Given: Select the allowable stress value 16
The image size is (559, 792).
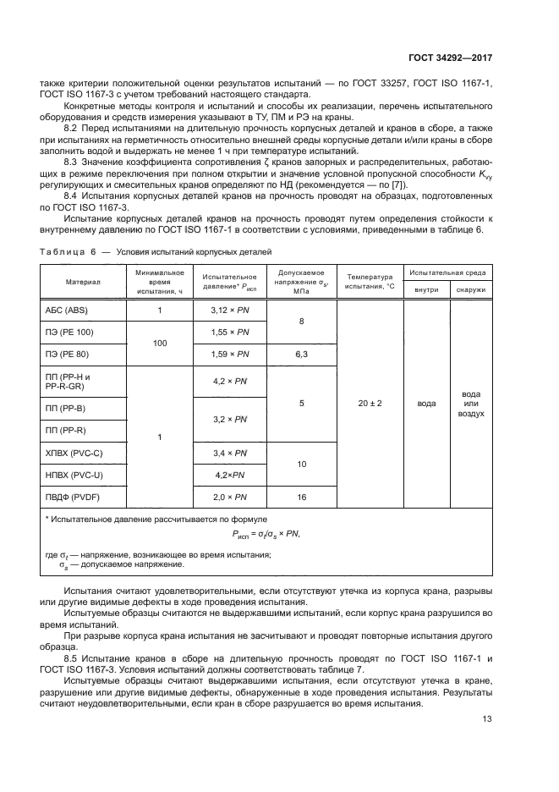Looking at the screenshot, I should (x=301, y=498).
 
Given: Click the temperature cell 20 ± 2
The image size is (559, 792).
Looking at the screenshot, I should (x=370, y=404).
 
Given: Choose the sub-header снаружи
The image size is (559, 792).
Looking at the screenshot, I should (x=471, y=290).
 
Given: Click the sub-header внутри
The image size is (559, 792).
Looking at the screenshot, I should (x=427, y=290).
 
